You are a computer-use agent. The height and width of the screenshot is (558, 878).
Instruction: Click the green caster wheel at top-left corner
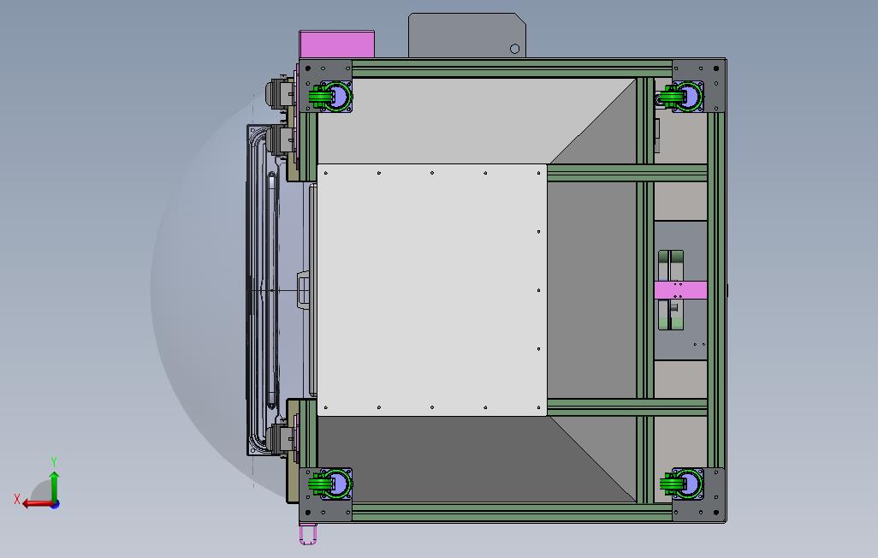[329, 96]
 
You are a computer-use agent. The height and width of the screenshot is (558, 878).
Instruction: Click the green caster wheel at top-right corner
[681, 96]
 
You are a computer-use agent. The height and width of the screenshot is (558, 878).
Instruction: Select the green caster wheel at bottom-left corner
[329, 484]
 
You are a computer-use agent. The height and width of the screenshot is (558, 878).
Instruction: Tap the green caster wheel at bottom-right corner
[681, 484]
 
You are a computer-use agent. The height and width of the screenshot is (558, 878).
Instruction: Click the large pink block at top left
[337, 45]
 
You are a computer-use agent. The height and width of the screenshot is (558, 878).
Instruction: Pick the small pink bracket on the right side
[681, 290]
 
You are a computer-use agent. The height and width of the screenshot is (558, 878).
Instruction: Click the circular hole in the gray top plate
[514, 49]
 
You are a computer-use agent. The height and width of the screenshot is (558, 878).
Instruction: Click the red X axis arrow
[38, 504]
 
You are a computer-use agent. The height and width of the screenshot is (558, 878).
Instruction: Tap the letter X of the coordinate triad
[17, 498]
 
